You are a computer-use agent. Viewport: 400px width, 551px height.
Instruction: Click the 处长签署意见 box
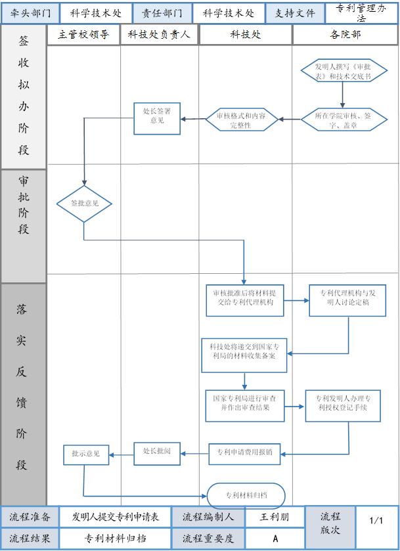click(x=157, y=119)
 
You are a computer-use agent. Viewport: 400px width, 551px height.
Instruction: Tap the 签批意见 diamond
click(x=84, y=204)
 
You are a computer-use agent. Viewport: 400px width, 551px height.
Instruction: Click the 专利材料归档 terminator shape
click(x=246, y=495)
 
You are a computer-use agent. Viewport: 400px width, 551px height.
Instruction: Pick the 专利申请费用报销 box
click(x=245, y=452)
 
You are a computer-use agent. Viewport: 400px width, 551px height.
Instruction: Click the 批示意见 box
click(x=86, y=454)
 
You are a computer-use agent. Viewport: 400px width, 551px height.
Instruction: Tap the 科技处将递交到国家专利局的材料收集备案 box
click(x=243, y=355)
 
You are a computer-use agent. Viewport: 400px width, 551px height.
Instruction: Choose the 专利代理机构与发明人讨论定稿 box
click(x=347, y=300)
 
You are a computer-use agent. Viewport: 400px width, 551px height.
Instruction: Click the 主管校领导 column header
click(x=83, y=35)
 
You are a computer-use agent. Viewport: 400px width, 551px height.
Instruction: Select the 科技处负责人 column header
click(x=159, y=35)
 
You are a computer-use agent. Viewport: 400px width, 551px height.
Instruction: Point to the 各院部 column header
click(x=345, y=35)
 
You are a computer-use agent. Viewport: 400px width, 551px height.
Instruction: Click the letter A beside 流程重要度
click(x=275, y=538)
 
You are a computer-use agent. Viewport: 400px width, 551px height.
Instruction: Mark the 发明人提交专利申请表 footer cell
click(x=116, y=517)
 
